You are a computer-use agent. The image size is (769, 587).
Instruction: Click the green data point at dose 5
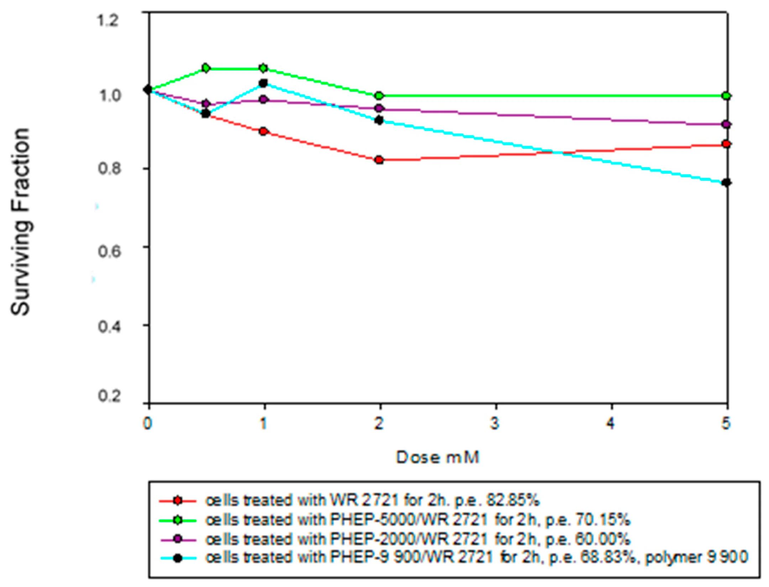(727, 96)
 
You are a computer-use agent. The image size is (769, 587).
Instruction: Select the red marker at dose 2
(380, 160)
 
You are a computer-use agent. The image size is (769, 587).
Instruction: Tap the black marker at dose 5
(727, 183)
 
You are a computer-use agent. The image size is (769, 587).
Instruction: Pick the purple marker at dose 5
(727, 124)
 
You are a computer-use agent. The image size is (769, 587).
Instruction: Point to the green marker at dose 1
(263, 68)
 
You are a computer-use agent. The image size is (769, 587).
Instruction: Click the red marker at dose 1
(263, 131)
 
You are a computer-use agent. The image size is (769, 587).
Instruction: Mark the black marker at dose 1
(263, 83)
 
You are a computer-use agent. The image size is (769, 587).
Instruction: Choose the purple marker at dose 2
(380, 108)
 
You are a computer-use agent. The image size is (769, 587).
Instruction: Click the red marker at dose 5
(727, 144)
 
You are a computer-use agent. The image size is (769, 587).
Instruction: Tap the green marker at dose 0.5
(206, 68)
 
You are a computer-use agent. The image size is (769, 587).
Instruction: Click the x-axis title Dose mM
(438, 458)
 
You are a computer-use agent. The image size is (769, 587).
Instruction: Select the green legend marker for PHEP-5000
(178, 520)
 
